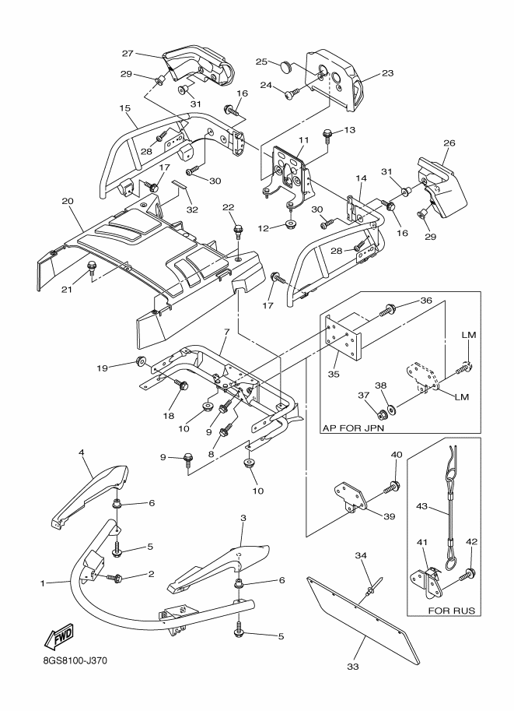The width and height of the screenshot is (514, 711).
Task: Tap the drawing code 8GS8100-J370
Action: coord(72,660)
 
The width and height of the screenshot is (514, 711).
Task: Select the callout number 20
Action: coord(68,201)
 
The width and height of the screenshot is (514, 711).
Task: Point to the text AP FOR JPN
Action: coord(353,428)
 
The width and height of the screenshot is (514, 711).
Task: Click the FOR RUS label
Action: coord(452,611)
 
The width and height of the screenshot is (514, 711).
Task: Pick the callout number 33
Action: coord(353,667)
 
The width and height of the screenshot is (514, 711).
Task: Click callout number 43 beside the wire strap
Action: coord(421,506)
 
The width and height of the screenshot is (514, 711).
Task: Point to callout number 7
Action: coord(226,332)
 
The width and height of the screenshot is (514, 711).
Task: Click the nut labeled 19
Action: coord(141,361)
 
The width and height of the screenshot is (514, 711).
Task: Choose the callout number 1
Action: coord(43,583)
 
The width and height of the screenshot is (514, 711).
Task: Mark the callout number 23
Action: coord(388,73)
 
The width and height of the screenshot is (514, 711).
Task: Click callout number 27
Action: coord(128,54)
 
